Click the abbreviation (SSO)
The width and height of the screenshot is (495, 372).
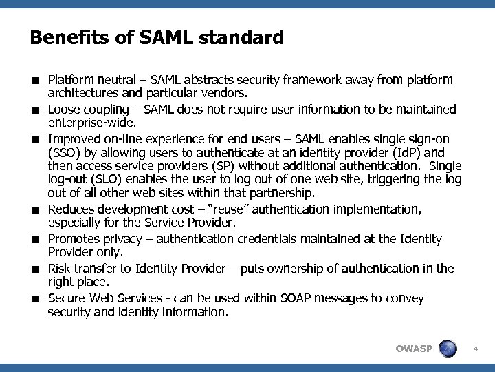(x=64, y=152)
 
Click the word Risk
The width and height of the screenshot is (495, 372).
(x=60, y=269)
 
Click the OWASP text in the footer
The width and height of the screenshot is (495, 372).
(x=414, y=348)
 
